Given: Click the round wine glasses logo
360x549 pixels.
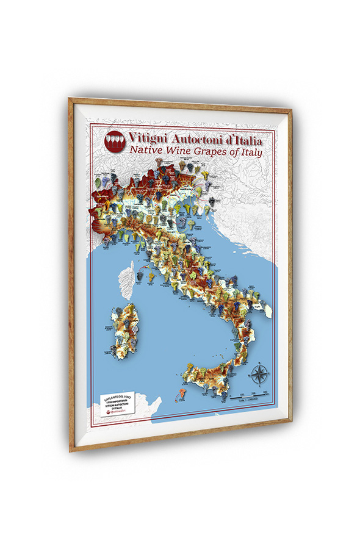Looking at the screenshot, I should click(x=115, y=142).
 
